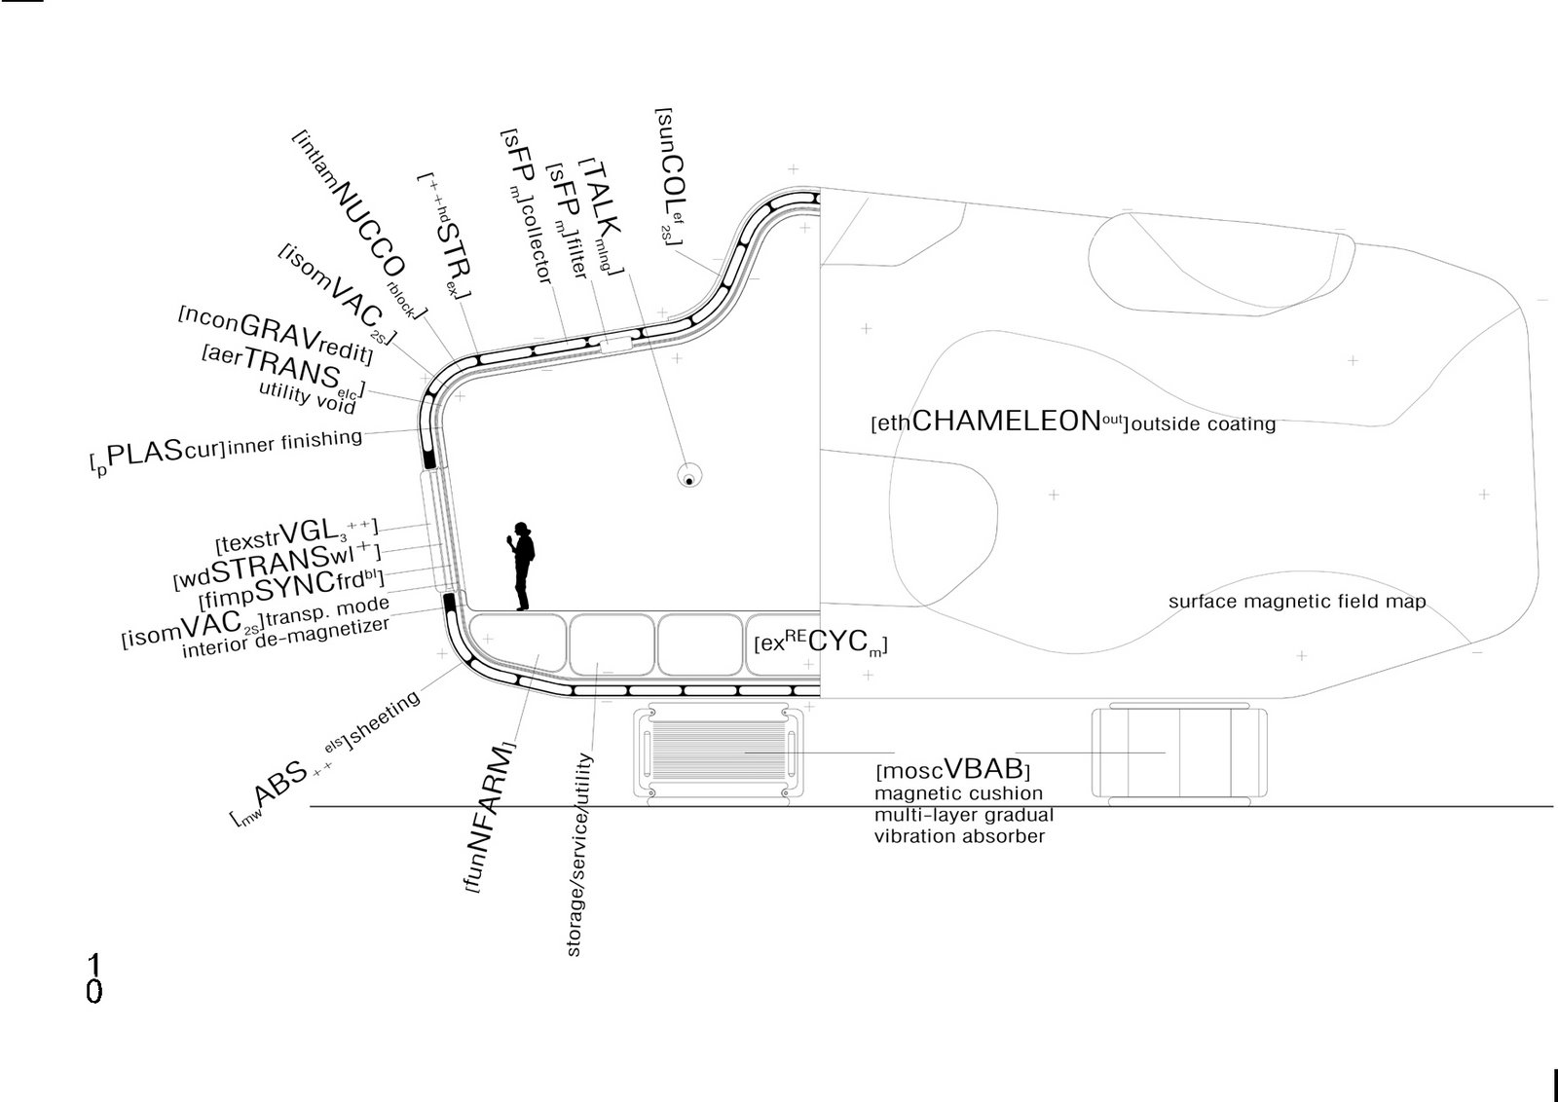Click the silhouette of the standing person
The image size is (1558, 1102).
tap(522, 567)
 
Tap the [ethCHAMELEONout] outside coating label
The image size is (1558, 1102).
tap(1072, 422)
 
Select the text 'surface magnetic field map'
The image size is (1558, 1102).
tap(1296, 602)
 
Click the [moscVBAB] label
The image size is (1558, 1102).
tap(952, 770)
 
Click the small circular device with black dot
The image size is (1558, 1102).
tap(689, 478)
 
